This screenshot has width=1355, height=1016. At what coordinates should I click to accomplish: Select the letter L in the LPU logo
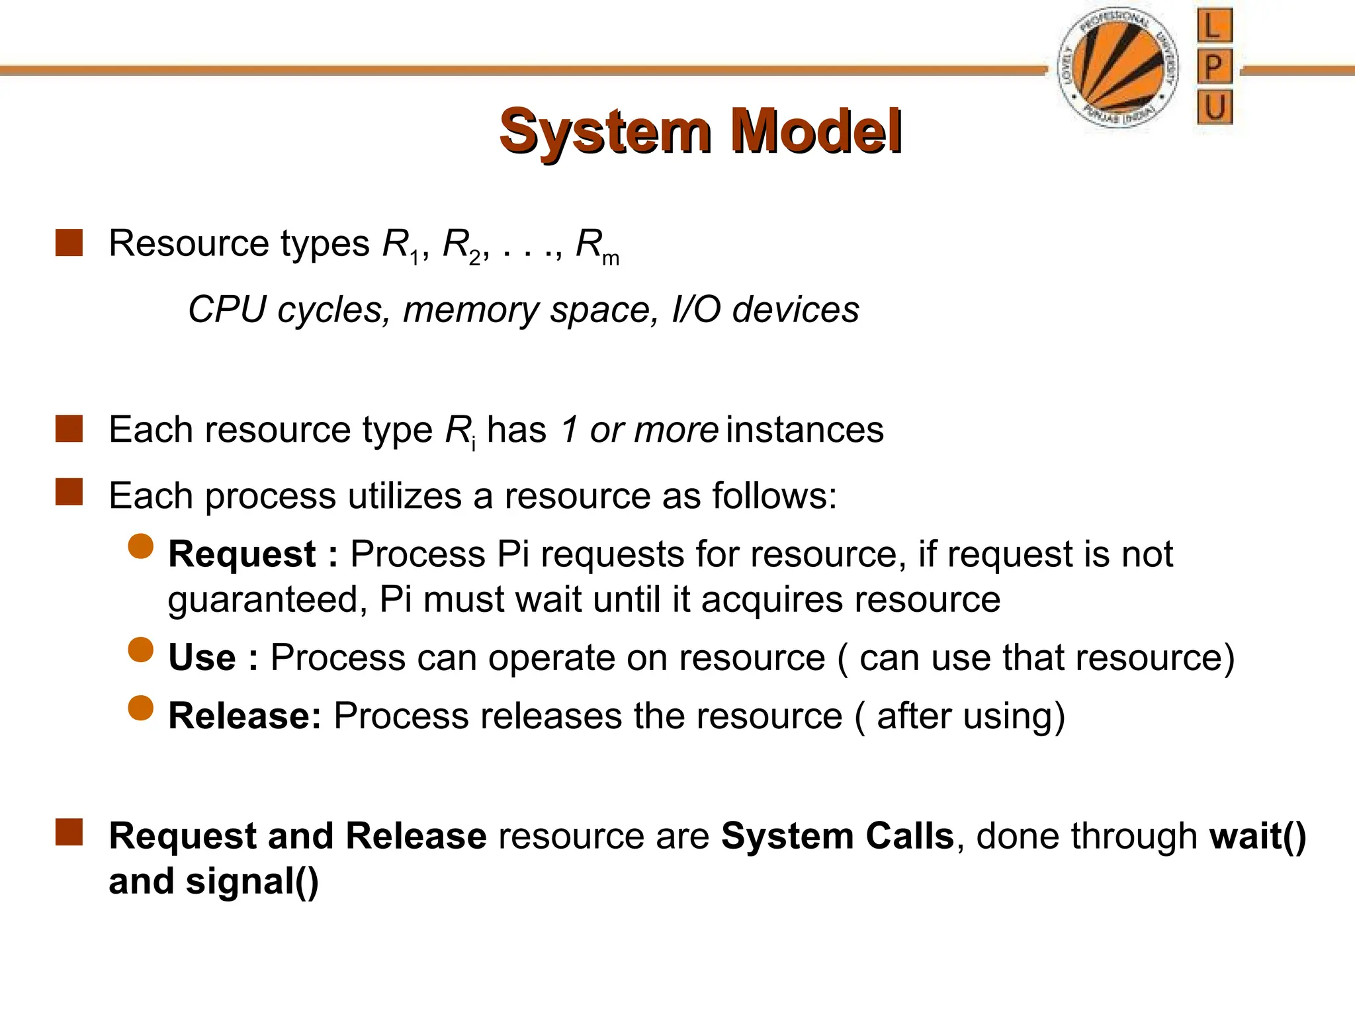coord(1214,26)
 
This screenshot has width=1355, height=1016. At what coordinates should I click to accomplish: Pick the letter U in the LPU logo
coord(1214,107)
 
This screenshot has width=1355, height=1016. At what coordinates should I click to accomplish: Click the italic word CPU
coord(226,310)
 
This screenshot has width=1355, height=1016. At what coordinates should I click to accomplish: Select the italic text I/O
coord(695,310)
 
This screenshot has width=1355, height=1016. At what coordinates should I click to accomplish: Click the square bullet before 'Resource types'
coord(69,243)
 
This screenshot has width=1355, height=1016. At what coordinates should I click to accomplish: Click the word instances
coord(805,430)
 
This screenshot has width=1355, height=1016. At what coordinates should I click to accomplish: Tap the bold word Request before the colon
coord(242,554)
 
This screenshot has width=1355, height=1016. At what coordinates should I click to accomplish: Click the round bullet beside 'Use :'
coord(141,650)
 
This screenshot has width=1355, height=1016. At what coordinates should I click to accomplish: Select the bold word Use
coord(202,657)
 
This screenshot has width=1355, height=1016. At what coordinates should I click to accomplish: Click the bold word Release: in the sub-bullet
coord(245,716)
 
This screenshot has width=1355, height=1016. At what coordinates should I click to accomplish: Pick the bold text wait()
coord(1257,836)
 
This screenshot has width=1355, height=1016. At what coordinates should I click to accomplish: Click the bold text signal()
coord(251,882)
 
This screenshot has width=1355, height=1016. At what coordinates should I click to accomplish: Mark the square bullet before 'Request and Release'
coord(69,833)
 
